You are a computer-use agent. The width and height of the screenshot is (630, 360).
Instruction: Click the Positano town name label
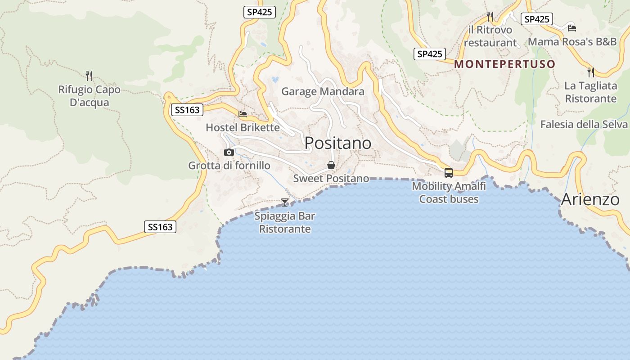click(338, 143)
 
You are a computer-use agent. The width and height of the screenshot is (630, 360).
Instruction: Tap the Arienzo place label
click(590, 199)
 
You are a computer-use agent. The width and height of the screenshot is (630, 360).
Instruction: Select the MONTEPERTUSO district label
click(504, 64)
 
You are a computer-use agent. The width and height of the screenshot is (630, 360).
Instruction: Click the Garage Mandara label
click(323, 92)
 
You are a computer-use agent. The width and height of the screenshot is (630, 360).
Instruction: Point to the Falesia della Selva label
click(584, 124)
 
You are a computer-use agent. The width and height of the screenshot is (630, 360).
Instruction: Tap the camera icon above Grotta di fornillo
click(229, 152)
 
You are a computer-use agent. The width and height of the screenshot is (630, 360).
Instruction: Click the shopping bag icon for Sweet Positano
click(331, 165)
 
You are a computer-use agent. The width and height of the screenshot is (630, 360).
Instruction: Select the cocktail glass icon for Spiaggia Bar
click(284, 202)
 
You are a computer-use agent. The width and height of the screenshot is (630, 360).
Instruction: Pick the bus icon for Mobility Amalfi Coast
click(449, 172)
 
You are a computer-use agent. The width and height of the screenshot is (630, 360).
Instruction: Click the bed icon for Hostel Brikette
click(243, 114)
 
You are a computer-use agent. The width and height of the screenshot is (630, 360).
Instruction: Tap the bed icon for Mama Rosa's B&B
click(572, 28)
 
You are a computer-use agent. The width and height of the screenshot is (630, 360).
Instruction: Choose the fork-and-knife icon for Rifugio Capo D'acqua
click(89, 75)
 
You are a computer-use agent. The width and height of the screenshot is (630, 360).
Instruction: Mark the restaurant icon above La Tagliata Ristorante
click(591, 72)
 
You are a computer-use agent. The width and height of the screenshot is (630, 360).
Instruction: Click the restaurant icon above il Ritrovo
click(490, 17)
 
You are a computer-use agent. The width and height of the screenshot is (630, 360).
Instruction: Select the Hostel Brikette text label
click(243, 127)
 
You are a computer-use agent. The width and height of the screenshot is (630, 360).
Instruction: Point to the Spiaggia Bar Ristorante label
click(285, 222)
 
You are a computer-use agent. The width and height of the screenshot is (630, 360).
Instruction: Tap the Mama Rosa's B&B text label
click(572, 41)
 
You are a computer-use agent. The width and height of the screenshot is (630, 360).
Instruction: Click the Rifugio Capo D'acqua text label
click(90, 96)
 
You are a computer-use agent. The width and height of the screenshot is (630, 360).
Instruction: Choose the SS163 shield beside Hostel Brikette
click(188, 110)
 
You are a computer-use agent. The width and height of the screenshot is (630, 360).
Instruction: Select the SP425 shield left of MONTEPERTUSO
click(429, 54)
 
